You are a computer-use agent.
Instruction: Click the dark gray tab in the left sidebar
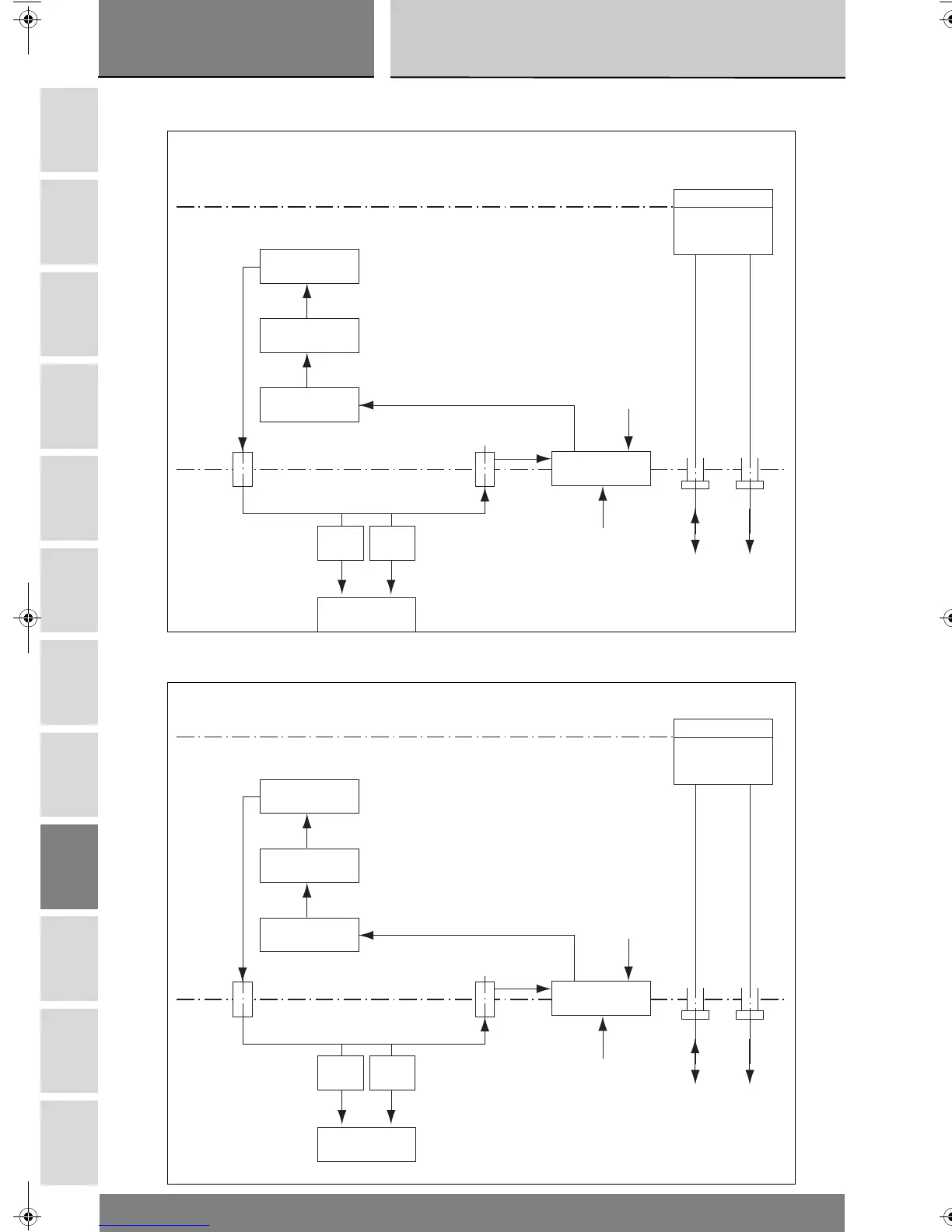[69, 866]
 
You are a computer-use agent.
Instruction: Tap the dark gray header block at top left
[236, 38]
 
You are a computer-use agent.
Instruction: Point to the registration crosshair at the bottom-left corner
[28, 1214]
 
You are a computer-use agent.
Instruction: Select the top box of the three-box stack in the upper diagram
[309, 266]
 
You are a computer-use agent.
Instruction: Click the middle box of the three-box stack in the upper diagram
[309, 335]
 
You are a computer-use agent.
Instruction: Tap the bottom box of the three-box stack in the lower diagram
[309, 934]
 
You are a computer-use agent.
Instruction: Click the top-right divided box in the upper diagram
[723, 222]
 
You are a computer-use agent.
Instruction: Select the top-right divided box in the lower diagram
[723, 751]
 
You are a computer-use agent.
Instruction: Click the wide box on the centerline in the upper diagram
[600, 468]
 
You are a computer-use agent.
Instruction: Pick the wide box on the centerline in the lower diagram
[600, 998]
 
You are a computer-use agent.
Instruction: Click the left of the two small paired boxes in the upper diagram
[341, 543]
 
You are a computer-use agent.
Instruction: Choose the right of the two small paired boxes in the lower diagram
[392, 1073]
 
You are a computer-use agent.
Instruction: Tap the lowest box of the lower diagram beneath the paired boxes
[366, 1144]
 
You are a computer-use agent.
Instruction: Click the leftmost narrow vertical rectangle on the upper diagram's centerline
[243, 469]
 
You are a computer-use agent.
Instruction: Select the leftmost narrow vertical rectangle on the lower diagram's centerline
[243, 999]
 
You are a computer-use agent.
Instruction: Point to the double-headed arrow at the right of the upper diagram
[695, 532]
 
